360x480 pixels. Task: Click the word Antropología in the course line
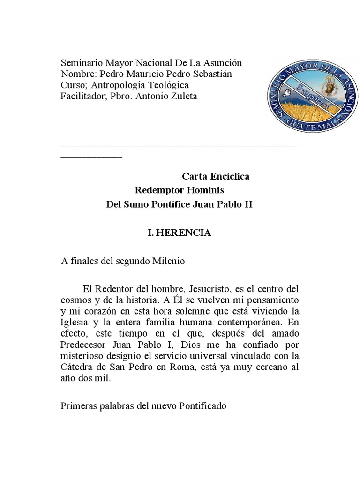coord(121,85)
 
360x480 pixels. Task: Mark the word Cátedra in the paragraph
coord(76,368)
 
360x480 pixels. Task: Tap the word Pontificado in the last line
coord(203,405)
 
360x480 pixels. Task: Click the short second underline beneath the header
coord(91,156)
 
